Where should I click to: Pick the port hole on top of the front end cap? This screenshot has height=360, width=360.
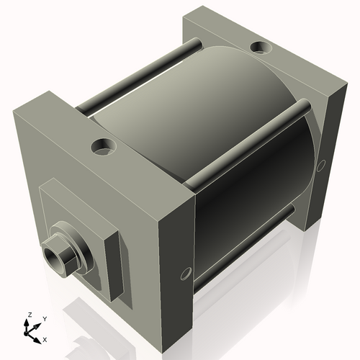coord(103,147)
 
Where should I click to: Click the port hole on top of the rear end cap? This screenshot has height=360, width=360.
coord(258,49)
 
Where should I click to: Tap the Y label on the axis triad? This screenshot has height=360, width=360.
coord(44,318)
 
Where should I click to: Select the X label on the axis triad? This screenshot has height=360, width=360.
coord(45,338)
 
